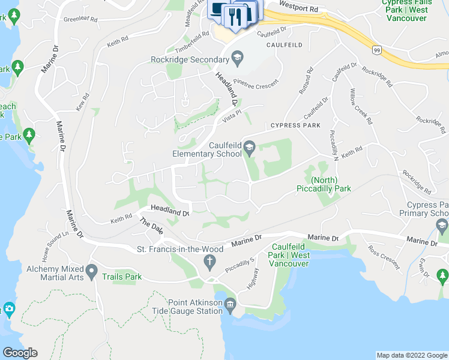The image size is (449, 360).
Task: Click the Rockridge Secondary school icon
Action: click(237, 58)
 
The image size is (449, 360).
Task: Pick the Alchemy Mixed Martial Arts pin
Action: click(92, 272)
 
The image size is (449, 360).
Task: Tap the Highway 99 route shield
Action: click(376, 50)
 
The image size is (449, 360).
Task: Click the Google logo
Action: click(20, 353)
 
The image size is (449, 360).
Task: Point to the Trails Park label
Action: click(122, 277)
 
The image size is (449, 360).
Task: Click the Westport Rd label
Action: click(298, 10)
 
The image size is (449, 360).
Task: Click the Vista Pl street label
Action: click(231, 113)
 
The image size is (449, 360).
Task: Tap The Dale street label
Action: click(151, 227)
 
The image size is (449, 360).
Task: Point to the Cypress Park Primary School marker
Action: click(442, 227)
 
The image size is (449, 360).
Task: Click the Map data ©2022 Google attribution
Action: click(412, 355)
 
